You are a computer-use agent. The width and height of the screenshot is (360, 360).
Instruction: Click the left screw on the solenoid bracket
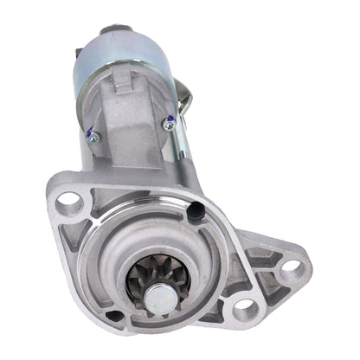click(93, 137)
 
